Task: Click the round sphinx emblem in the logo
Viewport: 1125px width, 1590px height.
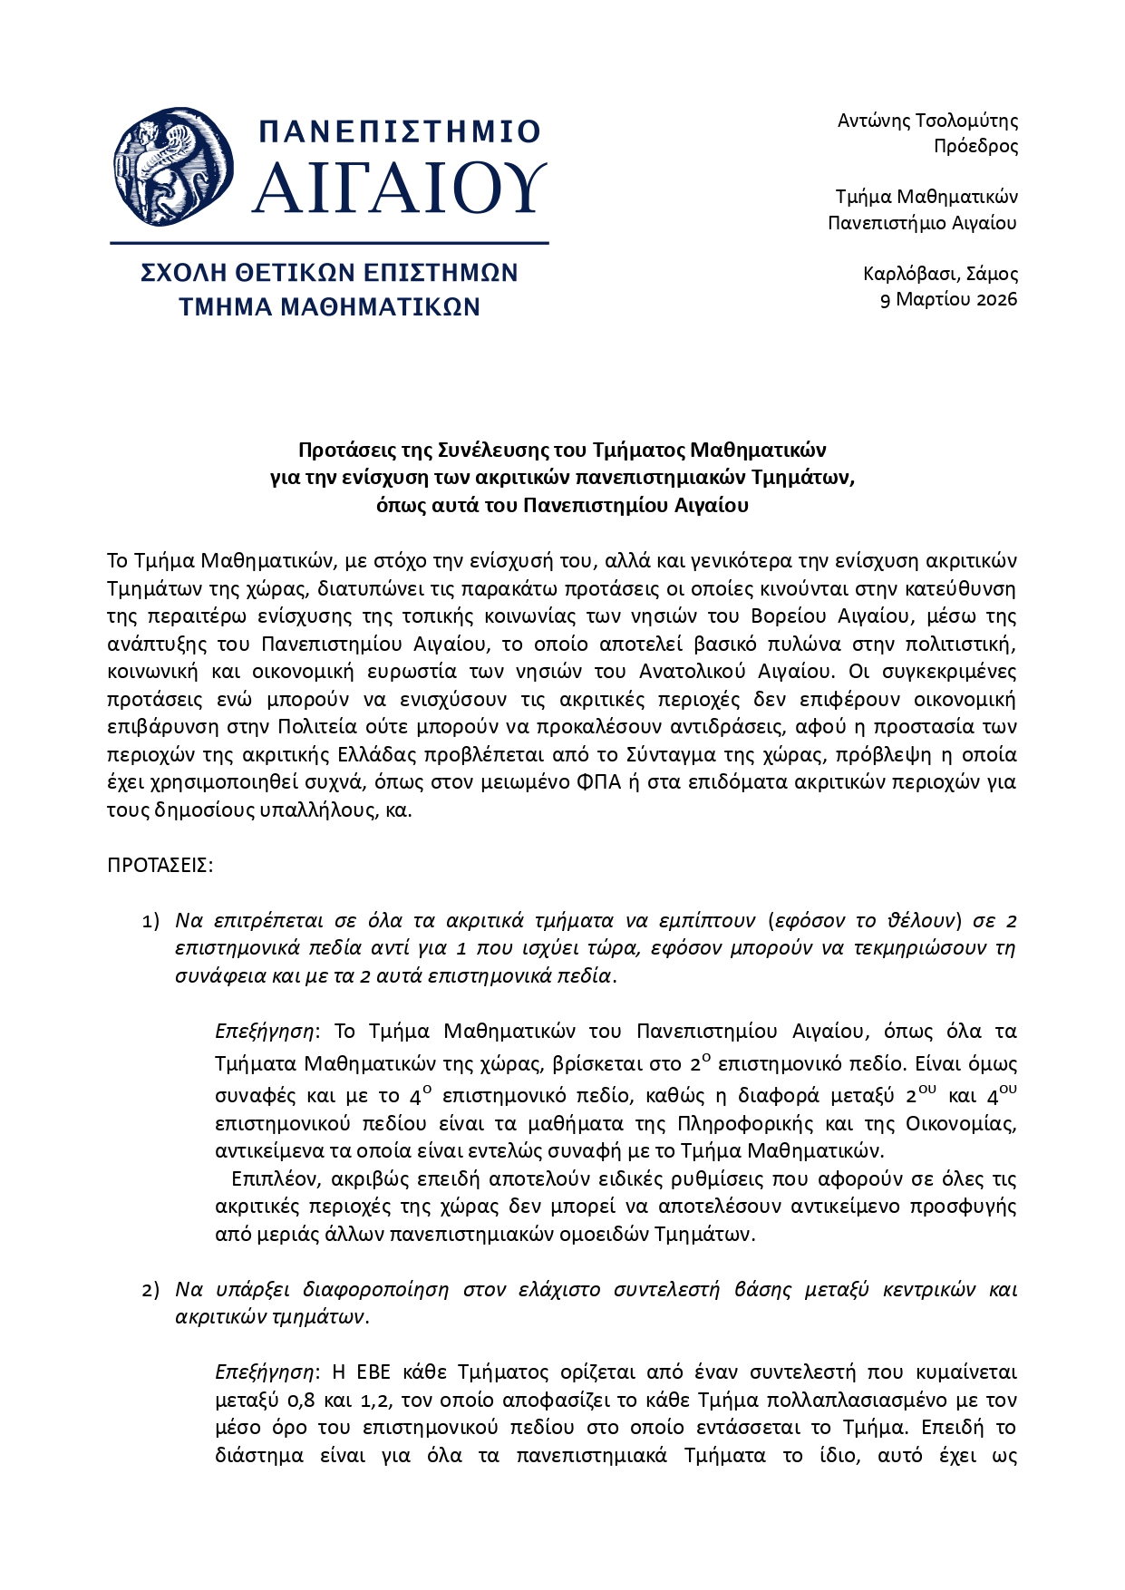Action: pos(173,168)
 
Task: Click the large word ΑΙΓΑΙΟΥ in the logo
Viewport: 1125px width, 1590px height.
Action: pos(399,189)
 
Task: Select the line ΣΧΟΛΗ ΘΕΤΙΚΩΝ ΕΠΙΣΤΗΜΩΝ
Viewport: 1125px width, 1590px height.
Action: pos(329,273)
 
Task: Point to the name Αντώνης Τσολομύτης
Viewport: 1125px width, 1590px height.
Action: pos(927,121)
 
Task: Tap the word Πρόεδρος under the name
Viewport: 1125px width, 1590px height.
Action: pos(975,146)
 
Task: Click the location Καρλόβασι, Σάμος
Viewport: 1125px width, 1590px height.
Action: pos(940,274)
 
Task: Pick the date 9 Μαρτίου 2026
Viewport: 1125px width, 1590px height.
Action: pos(948,299)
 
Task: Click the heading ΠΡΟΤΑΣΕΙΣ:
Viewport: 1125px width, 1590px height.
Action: pos(160,865)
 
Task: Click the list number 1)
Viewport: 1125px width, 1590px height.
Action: pos(150,922)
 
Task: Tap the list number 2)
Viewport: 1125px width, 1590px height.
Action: pos(150,1290)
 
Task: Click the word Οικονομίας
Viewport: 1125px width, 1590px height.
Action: pos(961,1124)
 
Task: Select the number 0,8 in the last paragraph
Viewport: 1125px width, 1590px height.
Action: pos(289,1401)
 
